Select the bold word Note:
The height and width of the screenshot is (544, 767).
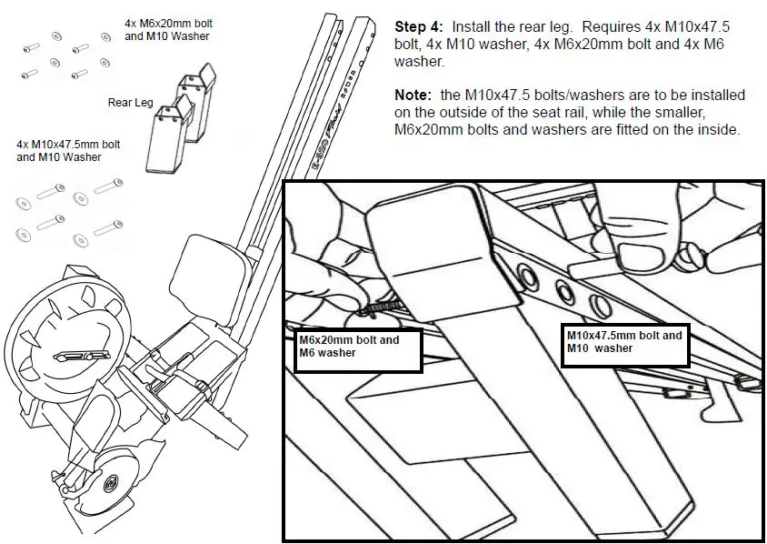pos(413,95)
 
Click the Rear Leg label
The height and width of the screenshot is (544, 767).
pos(130,103)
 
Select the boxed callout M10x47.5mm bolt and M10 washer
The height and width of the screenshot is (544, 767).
pos(624,342)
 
